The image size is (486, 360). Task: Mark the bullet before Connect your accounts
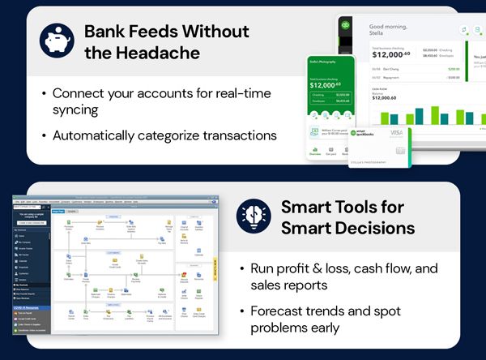[x=45, y=94]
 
